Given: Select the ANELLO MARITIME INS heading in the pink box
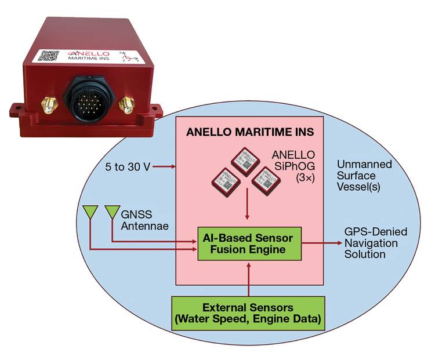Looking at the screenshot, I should coord(250,132).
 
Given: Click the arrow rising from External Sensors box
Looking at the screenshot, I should coord(248,278).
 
